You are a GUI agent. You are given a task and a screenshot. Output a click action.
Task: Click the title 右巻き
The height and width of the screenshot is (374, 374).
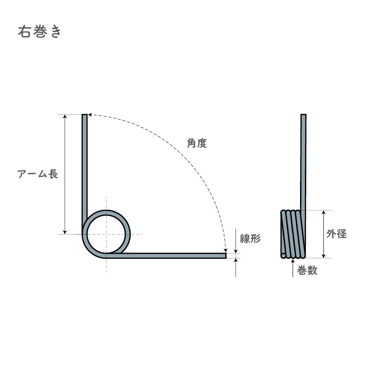[39, 33]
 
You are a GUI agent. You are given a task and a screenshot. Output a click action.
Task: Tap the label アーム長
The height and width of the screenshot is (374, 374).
[37, 174]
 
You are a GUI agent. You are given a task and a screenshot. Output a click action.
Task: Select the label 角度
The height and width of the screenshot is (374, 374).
[196, 143]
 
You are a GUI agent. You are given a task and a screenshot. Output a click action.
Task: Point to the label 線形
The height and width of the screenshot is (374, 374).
[250, 239]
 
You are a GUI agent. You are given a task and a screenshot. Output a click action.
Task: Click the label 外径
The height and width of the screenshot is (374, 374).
[337, 234]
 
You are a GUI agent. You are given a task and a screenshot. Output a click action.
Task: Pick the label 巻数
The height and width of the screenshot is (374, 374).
[307, 271]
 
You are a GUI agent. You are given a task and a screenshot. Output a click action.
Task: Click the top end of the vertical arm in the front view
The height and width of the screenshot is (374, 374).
[84, 116]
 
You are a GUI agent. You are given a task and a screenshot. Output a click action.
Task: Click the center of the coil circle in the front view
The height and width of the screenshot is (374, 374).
[106, 234]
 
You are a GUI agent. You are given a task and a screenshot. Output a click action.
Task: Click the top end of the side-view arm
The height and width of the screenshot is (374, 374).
[303, 116]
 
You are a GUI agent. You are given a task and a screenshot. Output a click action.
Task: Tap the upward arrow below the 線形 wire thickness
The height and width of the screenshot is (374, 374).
[236, 261]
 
